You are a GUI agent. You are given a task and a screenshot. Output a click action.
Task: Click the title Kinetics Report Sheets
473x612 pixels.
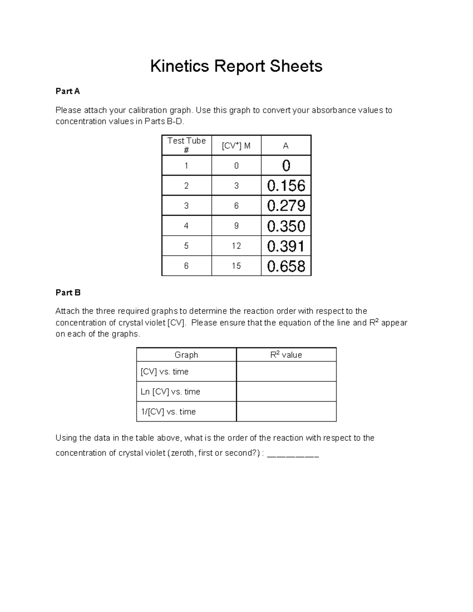pos(236,66)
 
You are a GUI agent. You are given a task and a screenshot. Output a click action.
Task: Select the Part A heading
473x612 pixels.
pos(67,91)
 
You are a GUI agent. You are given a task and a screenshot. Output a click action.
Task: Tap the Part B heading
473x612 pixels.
pos(68,292)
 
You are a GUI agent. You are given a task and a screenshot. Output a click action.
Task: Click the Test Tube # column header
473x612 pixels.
pos(186,145)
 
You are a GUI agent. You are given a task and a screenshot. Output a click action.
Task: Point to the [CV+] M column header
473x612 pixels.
pos(236,146)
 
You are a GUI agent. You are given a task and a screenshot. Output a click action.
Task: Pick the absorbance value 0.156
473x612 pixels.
pos(286,186)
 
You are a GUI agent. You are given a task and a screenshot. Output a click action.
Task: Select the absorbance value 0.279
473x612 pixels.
pos(286,206)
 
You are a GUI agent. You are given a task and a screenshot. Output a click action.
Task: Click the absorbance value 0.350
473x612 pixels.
pos(286,226)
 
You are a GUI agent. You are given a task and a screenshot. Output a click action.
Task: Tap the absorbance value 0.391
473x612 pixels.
pos(286,246)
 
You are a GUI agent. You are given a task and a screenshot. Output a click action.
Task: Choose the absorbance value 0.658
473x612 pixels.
pos(286,266)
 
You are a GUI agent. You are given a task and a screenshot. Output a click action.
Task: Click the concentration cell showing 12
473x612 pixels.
pos(236,246)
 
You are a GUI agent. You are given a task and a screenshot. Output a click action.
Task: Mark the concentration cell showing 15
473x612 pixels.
pos(236,266)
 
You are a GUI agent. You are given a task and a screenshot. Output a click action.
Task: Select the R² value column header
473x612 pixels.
pos(286,355)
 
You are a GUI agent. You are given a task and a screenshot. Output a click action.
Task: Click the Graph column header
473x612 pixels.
pos(186,355)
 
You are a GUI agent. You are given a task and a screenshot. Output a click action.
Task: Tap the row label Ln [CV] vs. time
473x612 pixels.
pos(170,392)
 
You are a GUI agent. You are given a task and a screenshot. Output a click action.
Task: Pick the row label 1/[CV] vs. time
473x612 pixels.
pos(168,412)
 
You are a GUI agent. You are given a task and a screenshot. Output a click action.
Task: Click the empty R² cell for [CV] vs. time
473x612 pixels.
pos(286,372)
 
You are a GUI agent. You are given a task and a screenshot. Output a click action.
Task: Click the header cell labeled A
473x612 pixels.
pos(286,146)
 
